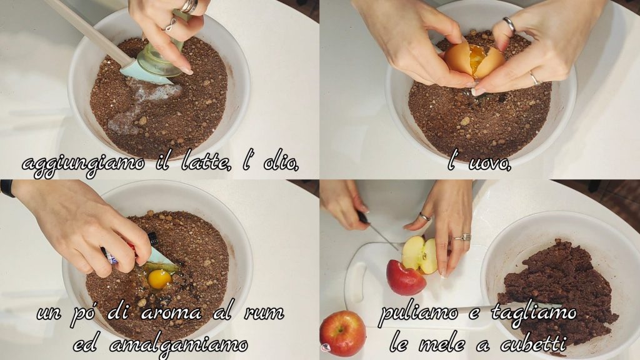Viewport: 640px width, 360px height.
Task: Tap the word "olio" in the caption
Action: tap(282, 163)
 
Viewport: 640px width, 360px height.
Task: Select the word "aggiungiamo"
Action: tap(83, 165)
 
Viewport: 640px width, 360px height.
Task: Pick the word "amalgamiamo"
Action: tap(178, 345)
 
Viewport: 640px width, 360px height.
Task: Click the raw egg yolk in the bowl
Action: tap(159, 279)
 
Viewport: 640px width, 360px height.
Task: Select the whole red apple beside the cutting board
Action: tap(342, 333)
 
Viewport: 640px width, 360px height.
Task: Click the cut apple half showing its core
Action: tap(419, 255)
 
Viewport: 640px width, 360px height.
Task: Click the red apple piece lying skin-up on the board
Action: tap(406, 277)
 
